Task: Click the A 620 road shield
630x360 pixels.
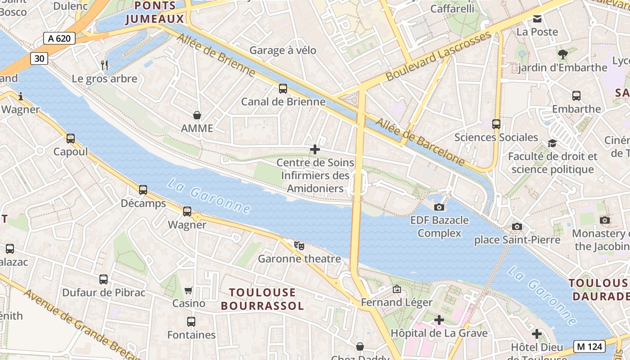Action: (59, 38)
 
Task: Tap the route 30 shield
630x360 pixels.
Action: (40, 58)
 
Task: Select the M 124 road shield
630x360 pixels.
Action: (589, 346)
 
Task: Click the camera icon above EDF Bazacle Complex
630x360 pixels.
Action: (439, 207)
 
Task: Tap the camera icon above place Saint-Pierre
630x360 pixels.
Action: (517, 226)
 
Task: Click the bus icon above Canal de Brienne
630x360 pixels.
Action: (283, 88)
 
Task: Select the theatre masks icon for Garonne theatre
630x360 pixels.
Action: (299, 245)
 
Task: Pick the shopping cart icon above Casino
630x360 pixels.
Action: (189, 290)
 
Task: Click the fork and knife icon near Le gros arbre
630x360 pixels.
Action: (104, 65)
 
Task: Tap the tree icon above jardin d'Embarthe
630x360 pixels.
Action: (562, 54)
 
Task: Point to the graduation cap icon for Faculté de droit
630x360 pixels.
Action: (552, 143)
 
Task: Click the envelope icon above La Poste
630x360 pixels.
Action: (537, 19)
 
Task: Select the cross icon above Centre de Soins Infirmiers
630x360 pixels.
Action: (315, 149)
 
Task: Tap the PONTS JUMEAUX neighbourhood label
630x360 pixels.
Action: (155, 13)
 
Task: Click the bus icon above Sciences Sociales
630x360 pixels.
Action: (496, 124)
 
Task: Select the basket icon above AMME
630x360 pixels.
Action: (197, 115)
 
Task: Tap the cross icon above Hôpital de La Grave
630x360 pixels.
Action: (439, 320)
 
